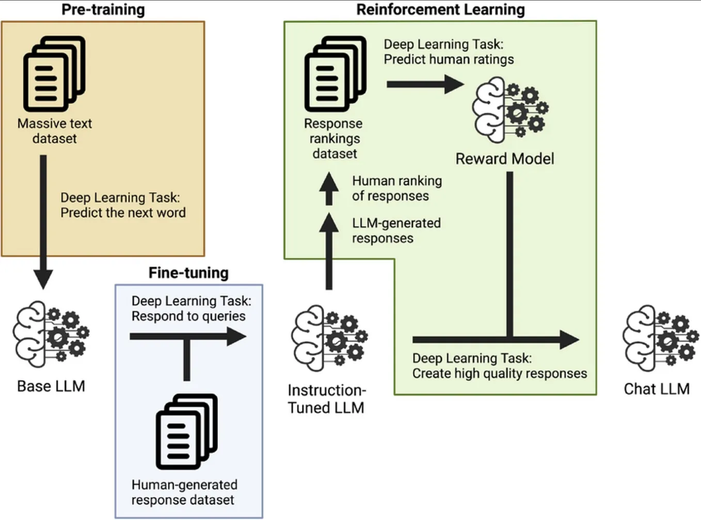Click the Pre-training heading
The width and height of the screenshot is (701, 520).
tap(103, 10)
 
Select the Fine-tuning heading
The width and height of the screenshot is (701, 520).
tap(188, 273)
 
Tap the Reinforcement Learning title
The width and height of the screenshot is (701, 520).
tap(440, 10)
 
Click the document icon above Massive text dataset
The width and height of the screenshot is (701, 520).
tap(54, 74)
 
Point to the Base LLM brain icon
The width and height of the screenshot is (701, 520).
tap(51, 335)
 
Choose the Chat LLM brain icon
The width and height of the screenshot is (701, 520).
tap(660, 338)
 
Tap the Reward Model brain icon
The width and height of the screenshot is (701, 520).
tap(510, 109)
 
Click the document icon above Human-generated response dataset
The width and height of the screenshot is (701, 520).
tap(186, 432)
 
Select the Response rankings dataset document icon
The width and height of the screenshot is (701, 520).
tap(335, 74)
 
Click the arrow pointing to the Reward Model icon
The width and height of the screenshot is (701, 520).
tap(424, 84)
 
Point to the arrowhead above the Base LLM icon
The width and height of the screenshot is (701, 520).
tap(43, 278)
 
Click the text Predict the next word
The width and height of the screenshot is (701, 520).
tap(123, 213)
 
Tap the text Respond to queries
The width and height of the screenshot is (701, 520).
tap(188, 316)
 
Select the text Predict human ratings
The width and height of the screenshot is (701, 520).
tap(449, 59)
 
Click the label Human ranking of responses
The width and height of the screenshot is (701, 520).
tap(396, 188)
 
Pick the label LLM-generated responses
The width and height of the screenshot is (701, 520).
tap(396, 231)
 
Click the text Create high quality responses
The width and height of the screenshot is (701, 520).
tap(499, 373)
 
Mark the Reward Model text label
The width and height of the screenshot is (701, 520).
tap(504, 159)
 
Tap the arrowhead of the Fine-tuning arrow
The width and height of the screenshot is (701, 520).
tap(236, 337)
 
